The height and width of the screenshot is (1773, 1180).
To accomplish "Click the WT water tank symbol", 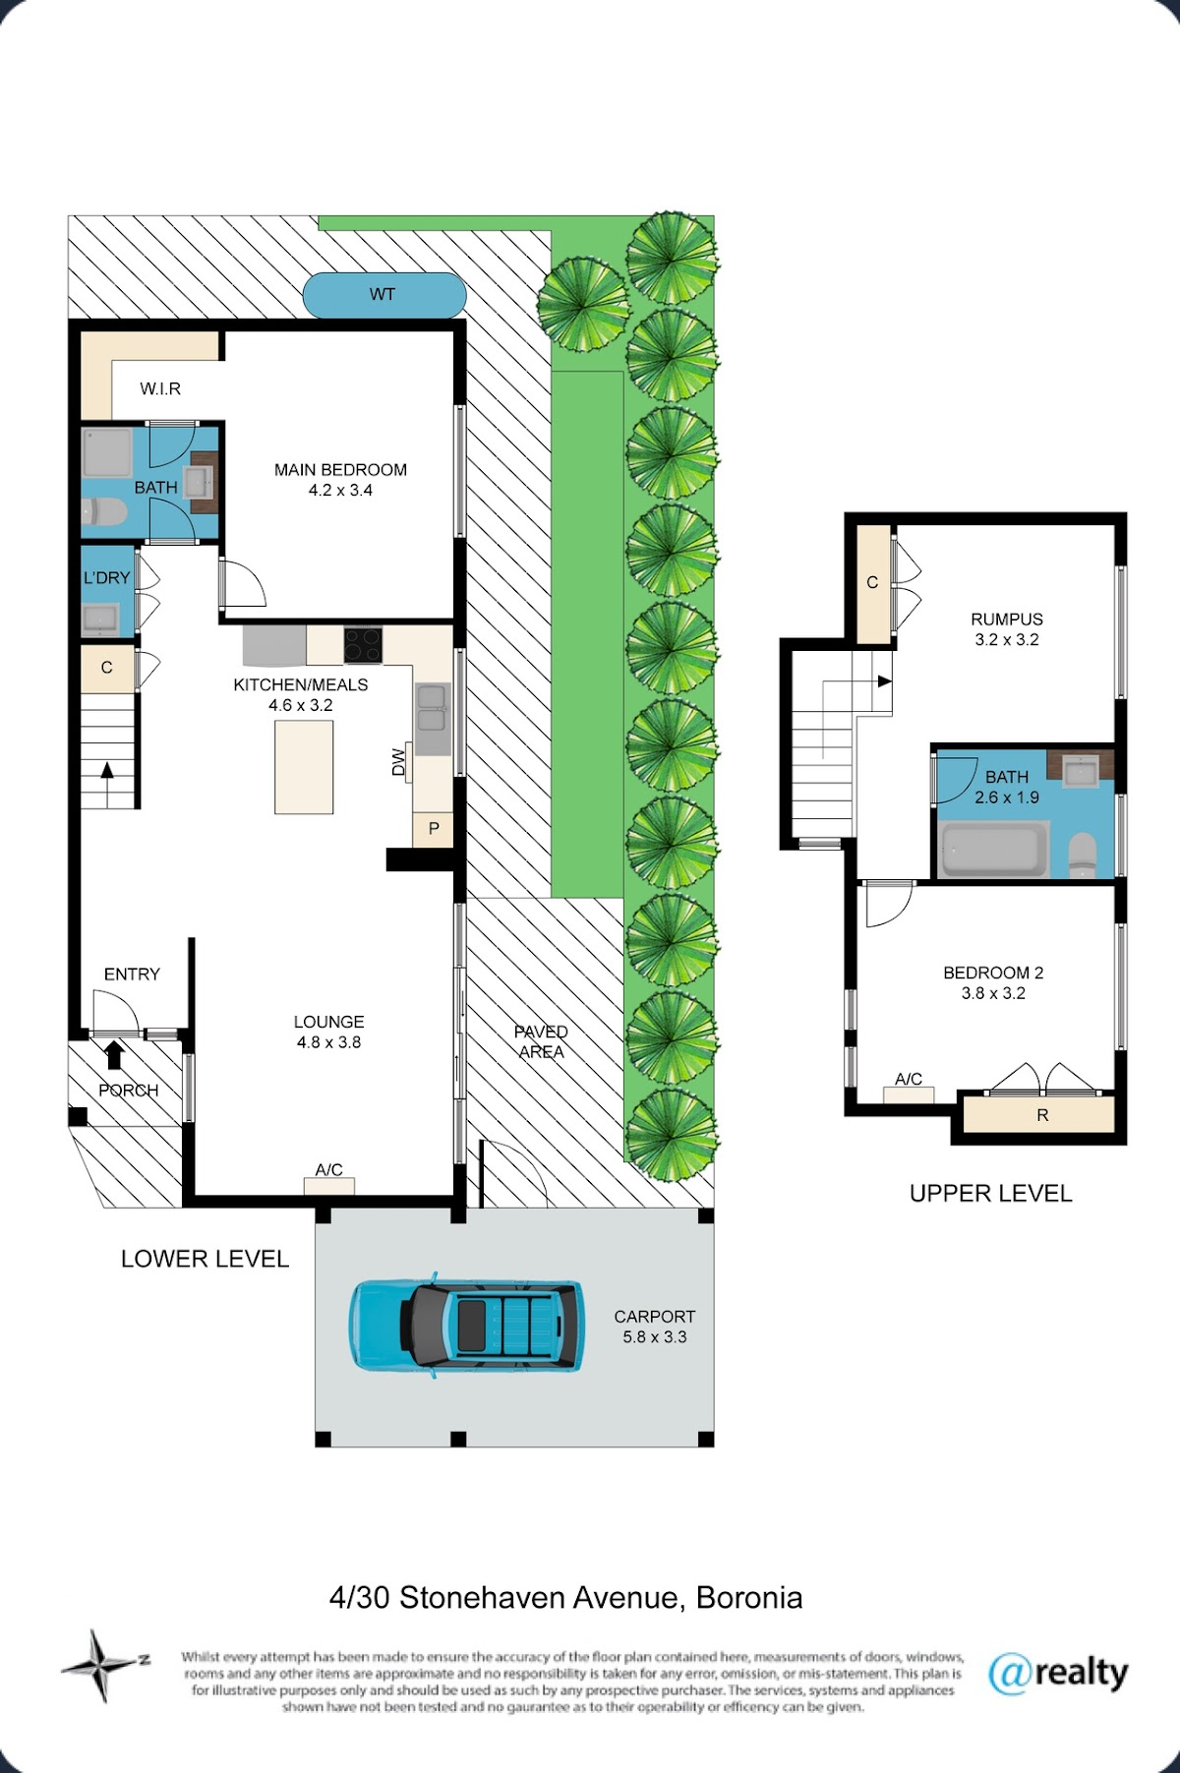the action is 383,294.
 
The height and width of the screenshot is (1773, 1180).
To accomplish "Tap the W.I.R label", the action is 160,388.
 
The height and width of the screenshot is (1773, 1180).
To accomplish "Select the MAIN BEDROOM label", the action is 340,470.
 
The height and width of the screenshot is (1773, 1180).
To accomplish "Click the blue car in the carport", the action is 466,1325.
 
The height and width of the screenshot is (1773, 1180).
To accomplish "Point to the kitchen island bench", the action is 304,767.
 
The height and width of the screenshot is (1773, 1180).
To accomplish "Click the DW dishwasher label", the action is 398,762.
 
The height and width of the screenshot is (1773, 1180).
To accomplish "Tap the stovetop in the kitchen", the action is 363,645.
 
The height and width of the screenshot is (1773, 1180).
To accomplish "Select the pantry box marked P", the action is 433,829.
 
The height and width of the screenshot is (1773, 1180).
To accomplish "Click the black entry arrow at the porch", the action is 113,1055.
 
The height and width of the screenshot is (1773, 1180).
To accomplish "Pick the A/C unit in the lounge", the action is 329,1185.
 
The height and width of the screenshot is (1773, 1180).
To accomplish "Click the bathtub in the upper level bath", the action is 993,852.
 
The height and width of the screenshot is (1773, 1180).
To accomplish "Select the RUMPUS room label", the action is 1007,620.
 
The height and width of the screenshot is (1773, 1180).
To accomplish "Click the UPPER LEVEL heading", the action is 990,1194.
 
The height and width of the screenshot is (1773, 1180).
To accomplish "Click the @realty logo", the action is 1058,1673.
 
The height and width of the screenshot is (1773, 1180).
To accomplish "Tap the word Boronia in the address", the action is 749,1598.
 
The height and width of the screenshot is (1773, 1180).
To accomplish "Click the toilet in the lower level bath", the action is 103,512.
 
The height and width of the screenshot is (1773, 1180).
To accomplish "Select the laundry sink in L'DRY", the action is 99,619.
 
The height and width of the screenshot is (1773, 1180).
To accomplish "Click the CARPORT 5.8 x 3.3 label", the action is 655,1327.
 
